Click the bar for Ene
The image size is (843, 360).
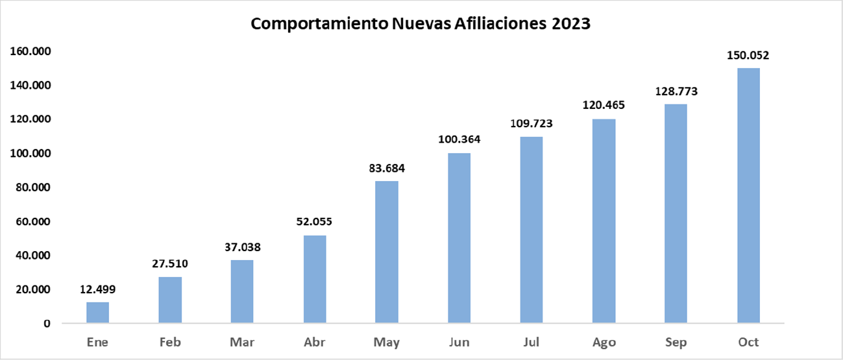pos(97,313)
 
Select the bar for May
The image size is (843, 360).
pos(387,252)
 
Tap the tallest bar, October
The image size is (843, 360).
pos(749,195)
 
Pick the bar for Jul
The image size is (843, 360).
pos(531,230)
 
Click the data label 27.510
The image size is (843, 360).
pos(170,264)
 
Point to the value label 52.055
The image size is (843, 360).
pos(315,222)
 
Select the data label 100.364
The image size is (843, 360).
pos(459,140)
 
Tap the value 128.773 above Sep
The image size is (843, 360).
pos(676,91)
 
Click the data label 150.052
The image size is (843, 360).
pos(749,55)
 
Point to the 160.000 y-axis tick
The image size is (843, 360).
pos(32,51)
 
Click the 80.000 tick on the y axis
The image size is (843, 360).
pos(35,187)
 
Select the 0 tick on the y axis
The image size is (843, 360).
pos(47,324)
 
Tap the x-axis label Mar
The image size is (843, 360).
pos(242,342)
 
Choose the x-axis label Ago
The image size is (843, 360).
pos(604,342)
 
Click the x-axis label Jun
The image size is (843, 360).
pos(459,342)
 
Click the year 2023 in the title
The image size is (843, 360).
pos(572,24)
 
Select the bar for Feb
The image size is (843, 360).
pos(170,300)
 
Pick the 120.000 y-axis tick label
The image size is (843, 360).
pos(32,119)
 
